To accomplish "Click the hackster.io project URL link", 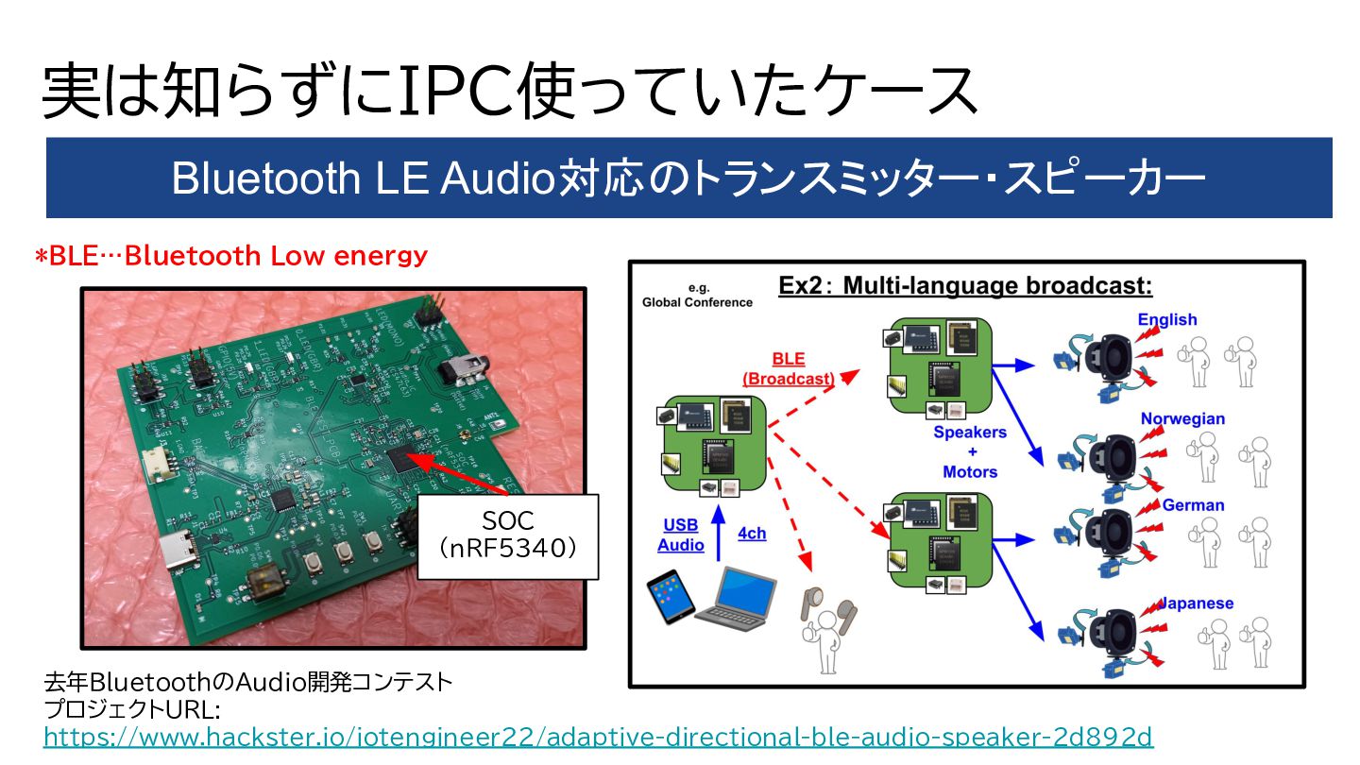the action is coord(598,737).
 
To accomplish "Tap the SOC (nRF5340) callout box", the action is coord(507,535).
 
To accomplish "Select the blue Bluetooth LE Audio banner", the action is coord(688,178).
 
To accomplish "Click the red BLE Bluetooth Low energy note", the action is coord(231,256).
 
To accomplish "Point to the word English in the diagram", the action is coord(1166,319).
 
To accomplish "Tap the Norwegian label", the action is coord(1182,418).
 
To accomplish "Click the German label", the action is coord(1193,505).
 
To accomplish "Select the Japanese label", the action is coord(1197,603).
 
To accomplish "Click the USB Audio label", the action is coord(681,535).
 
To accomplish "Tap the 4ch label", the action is coord(752,534).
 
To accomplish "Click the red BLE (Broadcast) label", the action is coord(788,368).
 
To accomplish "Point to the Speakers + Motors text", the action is coord(970,451).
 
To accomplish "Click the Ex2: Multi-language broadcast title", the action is coord(965,286).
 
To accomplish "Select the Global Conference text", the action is coord(697,296).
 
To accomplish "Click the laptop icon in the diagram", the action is coord(735,595).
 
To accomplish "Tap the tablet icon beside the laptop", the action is coord(670,598).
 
